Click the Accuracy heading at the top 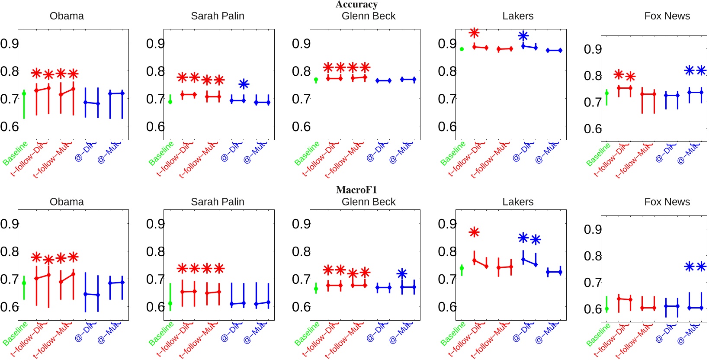pos(356,4)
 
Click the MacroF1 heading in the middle pos(356,190)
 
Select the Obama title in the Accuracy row pos(67,16)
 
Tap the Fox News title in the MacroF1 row pos(667,202)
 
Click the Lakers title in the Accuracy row pos(518,16)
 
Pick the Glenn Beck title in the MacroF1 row pos(368,202)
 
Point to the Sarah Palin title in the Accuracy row pos(218,16)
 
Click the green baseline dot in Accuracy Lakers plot pos(462,49)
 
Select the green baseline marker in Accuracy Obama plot pos(24,93)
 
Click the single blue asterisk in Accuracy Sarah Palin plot pos(244,84)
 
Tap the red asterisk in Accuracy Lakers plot pos(474,33)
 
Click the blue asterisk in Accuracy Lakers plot pos(523,36)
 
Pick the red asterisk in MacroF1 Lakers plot pos(474,232)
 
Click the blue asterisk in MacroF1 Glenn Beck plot pos(402,273)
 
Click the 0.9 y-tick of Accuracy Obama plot pos(9,43)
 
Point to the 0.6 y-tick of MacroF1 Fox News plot pos(593,309)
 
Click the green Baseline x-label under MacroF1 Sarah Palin pos(160,334)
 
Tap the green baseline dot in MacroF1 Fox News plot pos(606,309)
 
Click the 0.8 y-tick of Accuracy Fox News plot pos(593,76)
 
